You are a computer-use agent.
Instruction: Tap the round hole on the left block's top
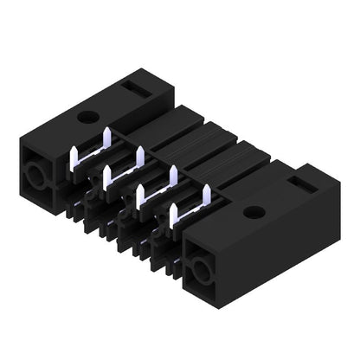click(x=87, y=116)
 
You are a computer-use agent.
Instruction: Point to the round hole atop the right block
click(x=252, y=212)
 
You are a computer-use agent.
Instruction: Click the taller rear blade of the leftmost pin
click(x=107, y=138)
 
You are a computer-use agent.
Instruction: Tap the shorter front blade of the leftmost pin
click(x=74, y=157)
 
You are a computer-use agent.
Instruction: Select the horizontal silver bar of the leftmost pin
click(x=91, y=154)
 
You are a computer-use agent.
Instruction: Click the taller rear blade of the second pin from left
click(x=139, y=157)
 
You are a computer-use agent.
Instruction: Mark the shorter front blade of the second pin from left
click(x=106, y=177)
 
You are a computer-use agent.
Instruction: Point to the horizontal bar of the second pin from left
click(x=123, y=173)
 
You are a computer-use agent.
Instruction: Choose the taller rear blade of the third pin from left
click(x=172, y=177)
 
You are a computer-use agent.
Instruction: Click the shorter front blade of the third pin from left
click(x=140, y=196)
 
